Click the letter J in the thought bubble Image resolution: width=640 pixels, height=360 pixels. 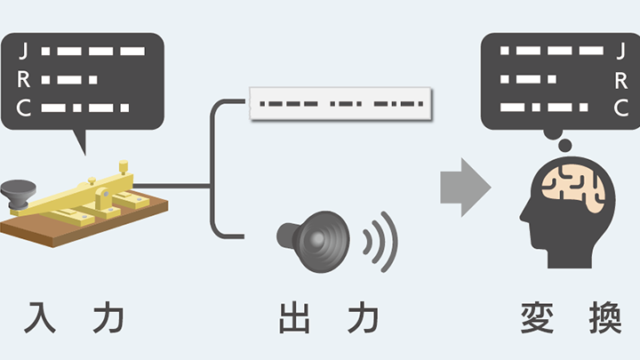point(619,52)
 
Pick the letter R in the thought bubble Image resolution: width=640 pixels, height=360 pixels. point(619,79)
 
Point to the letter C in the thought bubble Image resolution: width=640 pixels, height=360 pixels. point(619,108)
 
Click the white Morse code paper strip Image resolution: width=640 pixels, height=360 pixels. point(341,105)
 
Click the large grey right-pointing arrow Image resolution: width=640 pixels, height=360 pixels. point(465,187)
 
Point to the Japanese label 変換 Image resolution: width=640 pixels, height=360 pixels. point(569,318)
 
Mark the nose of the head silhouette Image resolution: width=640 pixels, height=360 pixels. point(522,216)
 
